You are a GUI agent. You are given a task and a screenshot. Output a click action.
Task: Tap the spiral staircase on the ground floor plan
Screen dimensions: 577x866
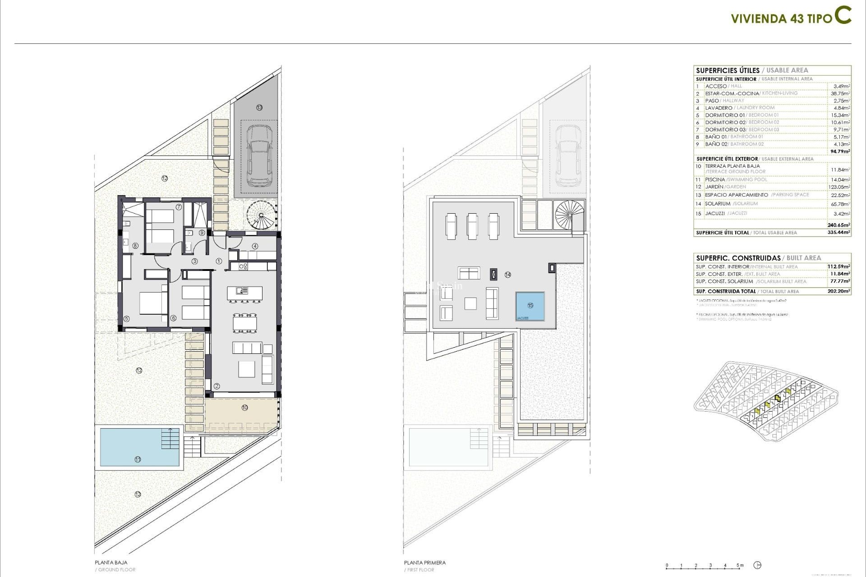tap(261, 215)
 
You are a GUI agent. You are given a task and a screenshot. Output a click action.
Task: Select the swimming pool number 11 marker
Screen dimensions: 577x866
tap(138, 459)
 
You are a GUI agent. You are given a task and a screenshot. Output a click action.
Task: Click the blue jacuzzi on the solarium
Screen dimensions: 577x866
tap(530, 306)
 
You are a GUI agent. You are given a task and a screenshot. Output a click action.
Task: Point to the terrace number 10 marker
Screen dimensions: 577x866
tap(244, 408)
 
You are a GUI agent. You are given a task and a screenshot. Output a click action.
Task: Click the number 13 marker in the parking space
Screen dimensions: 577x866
tap(259, 107)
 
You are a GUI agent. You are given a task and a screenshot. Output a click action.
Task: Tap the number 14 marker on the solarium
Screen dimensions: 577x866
tap(508, 275)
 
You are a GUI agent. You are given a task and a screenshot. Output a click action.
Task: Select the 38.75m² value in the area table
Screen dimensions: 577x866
tap(840, 93)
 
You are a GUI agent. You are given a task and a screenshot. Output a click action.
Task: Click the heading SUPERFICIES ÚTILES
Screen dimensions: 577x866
tap(728, 70)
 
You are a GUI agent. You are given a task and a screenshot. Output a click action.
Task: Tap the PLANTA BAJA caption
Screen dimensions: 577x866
tap(111, 563)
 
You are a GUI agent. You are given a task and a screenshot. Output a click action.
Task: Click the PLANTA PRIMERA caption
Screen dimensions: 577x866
tap(424, 563)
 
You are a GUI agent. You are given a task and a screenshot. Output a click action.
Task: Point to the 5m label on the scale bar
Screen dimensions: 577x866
tap(740, 565)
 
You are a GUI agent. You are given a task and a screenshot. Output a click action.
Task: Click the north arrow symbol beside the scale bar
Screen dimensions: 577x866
tap(758, 565)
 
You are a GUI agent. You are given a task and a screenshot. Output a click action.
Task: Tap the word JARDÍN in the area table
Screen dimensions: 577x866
tap(714, 187)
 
